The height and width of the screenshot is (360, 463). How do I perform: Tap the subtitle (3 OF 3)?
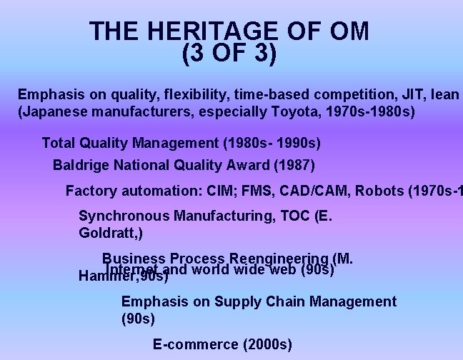(x=229, y=54)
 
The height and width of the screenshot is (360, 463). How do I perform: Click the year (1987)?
(x=294, y=166)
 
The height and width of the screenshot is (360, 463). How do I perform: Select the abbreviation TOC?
(x=296, y=216)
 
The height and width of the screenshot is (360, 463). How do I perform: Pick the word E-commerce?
(x=196, y=344)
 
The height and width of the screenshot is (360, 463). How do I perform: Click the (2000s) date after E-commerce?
(x=268, y=344)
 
